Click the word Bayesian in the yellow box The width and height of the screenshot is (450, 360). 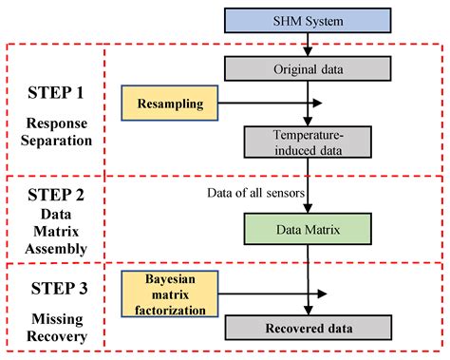coord(170,281)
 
